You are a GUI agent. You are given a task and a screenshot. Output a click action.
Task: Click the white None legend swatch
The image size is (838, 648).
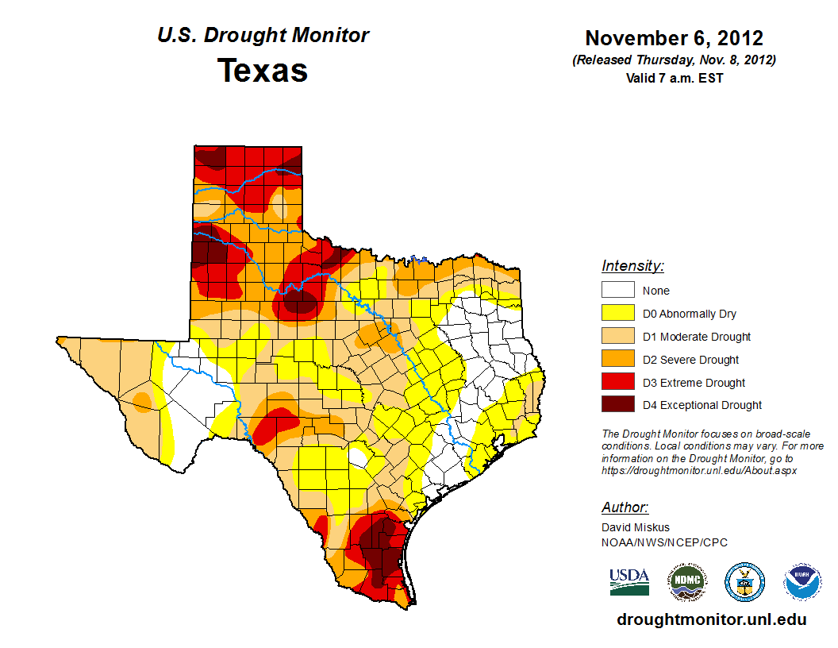618,291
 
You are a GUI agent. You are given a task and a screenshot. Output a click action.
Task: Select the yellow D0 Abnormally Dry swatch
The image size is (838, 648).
618,314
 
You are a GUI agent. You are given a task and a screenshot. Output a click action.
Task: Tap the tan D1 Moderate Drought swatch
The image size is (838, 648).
618,337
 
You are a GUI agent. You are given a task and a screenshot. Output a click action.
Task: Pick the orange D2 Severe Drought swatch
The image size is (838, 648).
618,360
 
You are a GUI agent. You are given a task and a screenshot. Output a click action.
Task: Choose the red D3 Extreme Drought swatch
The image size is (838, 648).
618,383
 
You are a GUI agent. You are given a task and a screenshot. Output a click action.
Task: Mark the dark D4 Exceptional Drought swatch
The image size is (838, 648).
618,405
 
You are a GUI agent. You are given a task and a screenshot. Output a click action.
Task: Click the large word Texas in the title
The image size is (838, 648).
263,71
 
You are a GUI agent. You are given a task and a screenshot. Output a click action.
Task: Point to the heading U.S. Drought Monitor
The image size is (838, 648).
263,36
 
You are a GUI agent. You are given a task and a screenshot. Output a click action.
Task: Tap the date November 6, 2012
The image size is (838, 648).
674,38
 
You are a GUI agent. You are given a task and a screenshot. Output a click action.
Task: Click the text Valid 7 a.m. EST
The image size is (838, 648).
674,78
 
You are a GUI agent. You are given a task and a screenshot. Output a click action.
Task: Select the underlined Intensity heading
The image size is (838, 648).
632,266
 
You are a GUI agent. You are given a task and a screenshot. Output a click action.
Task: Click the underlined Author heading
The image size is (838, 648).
625,507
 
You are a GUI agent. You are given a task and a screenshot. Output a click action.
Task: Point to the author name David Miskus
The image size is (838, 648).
636,527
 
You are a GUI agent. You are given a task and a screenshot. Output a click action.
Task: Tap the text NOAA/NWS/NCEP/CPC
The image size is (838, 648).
664,542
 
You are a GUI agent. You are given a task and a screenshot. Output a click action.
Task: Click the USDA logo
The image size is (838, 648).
629,581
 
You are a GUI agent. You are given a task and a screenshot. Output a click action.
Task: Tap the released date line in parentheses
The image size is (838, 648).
674,60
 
